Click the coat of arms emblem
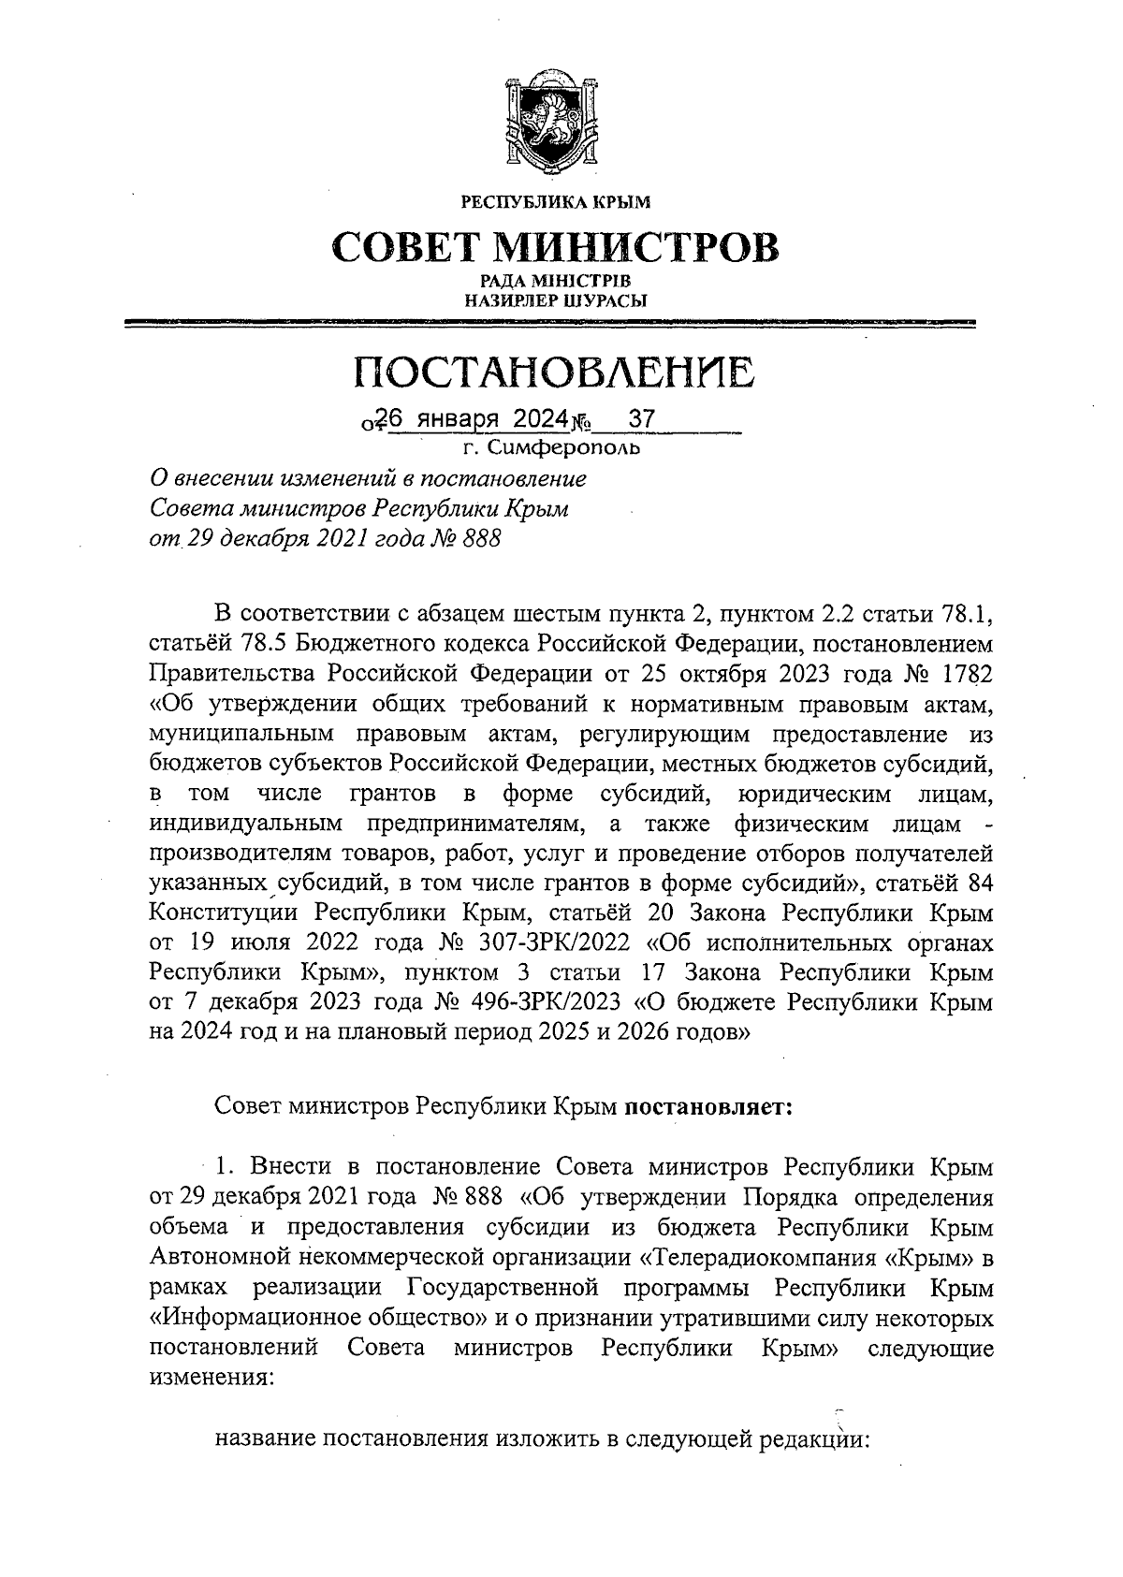tap(556, 120)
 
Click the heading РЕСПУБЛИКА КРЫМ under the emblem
tap(555, 201)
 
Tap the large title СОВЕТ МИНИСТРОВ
tap(555, 247)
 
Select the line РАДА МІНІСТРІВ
tap(555, 281)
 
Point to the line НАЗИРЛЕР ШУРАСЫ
tap(555, 300)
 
